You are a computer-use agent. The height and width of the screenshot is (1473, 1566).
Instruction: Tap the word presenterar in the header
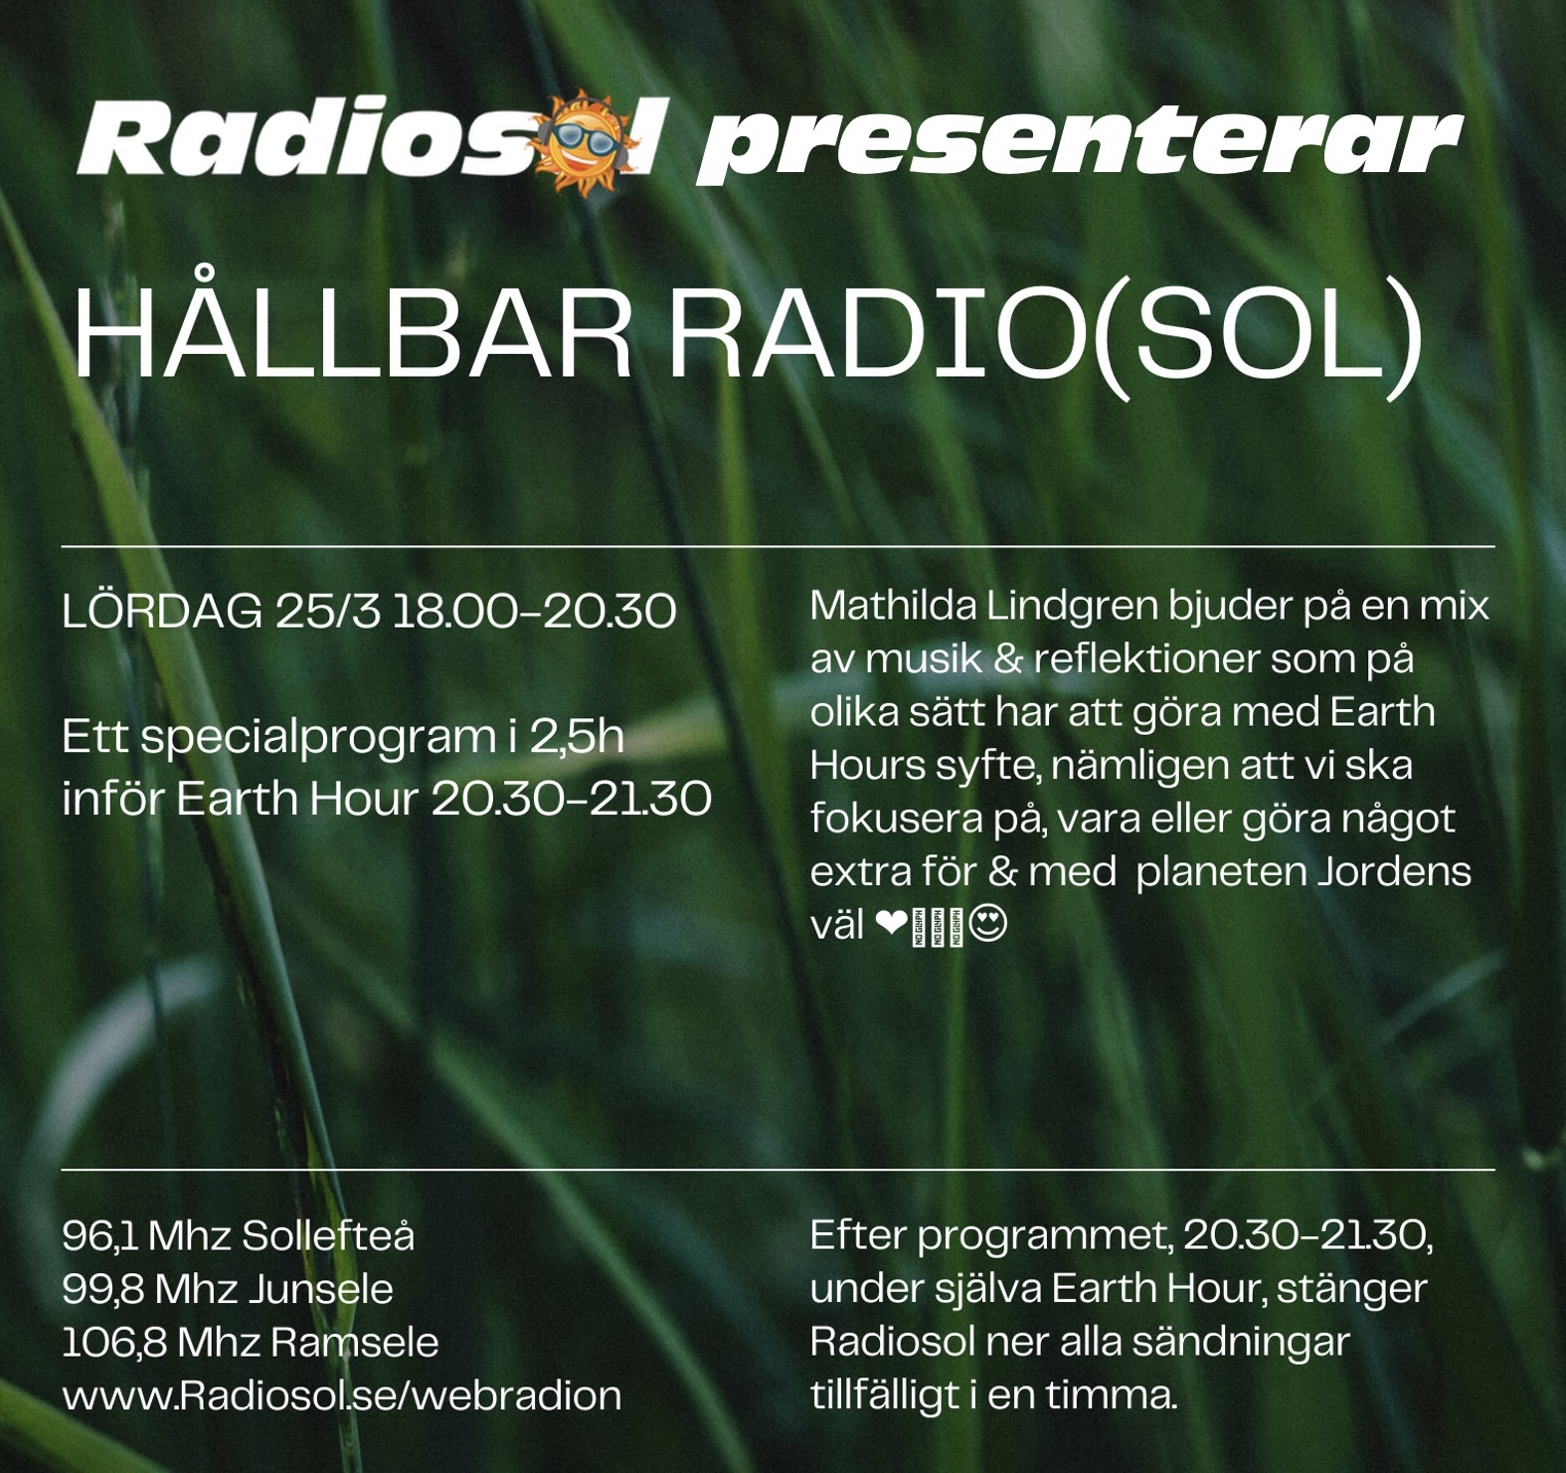coord(1080,144)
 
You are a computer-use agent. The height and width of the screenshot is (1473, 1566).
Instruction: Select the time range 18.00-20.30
coord(535,611)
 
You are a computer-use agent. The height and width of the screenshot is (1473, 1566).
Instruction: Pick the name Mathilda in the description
coord(892,605)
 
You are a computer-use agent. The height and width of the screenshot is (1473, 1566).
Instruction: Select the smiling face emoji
coord(987,925)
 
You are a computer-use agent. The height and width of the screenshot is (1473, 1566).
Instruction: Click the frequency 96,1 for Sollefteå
coord(98,1236)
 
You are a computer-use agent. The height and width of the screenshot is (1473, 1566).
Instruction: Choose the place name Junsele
coord(320,1290)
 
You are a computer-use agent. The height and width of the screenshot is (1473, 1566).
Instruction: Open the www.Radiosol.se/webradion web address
coord(342,1395)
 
